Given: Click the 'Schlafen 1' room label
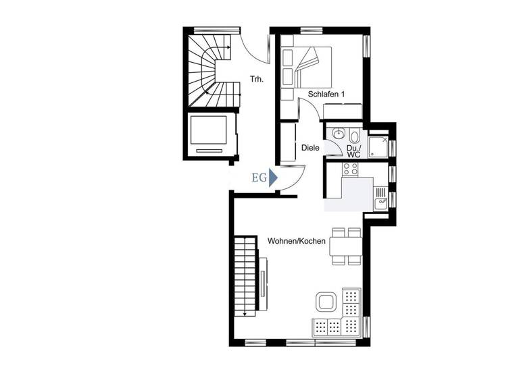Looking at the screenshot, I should click(x=326, y=94).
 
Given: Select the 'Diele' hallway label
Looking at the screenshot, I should click(x=310, y=147).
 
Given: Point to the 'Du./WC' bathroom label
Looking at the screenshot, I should click(x=353, y=151).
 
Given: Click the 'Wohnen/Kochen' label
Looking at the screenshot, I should click(x=297, y=241).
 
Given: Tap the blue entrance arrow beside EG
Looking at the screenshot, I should click(x=273, y=178).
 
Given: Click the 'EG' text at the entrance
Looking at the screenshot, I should click(x=258, y=178).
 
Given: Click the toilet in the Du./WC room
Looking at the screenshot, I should click(x=355, y=136).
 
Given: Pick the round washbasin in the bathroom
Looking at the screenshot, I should click(x=339, y=133).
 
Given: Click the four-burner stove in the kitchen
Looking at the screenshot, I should click(x=349, y=169).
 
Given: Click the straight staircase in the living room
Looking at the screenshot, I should click(x=246, y=277).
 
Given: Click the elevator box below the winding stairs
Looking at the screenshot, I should click(x=209, y=134).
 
